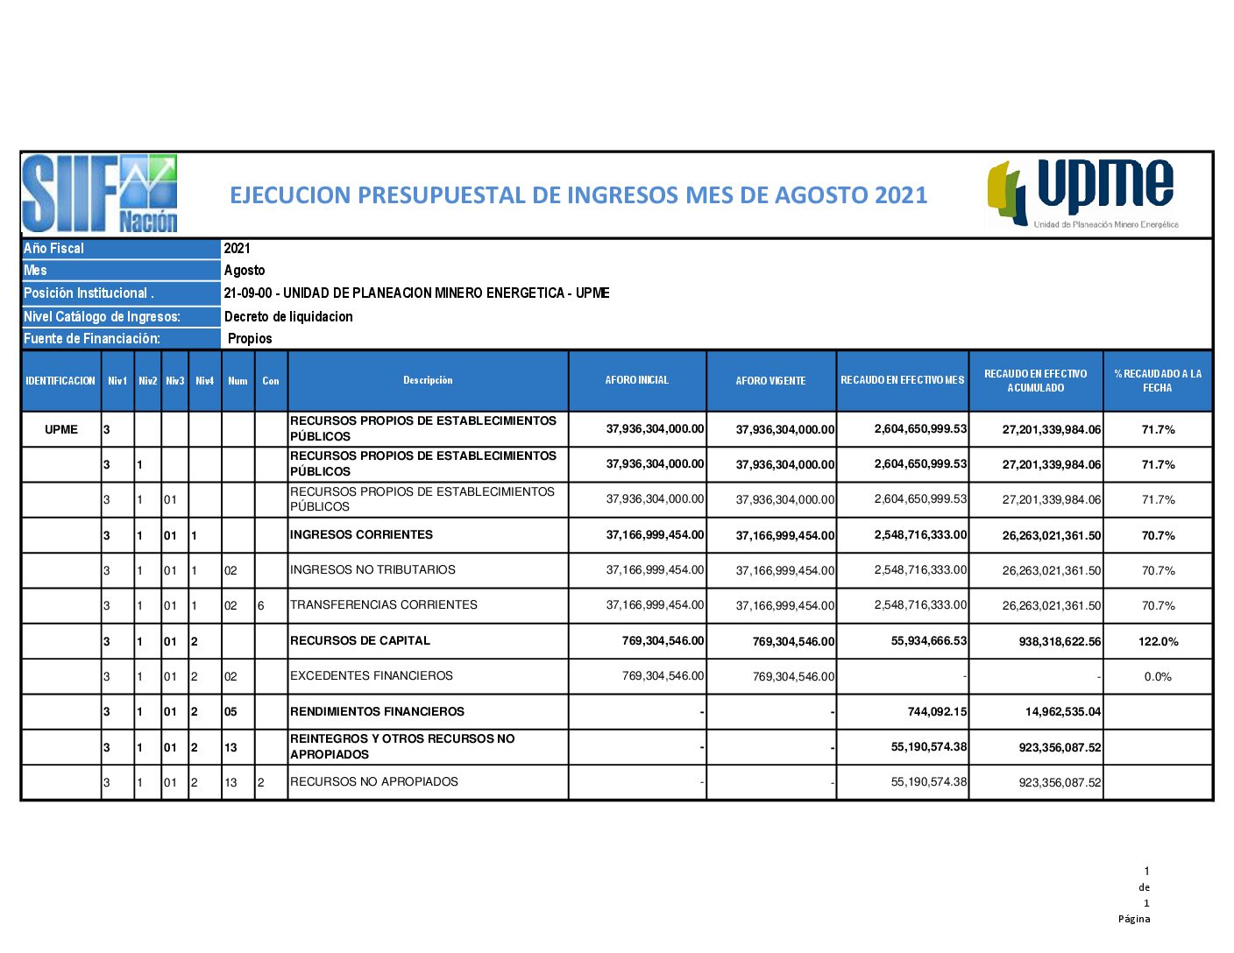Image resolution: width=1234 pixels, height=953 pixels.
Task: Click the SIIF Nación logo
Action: (x=100, y=194)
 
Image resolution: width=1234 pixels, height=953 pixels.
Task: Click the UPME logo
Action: (x=1083, y=194)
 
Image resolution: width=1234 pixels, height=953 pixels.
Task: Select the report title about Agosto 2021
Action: (x=578, y=194)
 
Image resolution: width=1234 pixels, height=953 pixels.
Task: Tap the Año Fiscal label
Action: (x=54, y=249)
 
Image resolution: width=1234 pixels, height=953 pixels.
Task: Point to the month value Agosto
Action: (x=245, y=271)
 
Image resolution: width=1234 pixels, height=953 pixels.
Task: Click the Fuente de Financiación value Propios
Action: (x=250, y=339)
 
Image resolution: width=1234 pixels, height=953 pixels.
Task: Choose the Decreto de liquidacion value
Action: (x=288, y=317)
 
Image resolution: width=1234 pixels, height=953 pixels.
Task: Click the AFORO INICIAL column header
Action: (x=637, y=380)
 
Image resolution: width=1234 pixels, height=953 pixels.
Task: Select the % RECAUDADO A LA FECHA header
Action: (x=1158, y=381)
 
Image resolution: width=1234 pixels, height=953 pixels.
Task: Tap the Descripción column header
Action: (x=428, y=380)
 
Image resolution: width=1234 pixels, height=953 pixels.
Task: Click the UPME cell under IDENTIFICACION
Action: (x=61, y=429)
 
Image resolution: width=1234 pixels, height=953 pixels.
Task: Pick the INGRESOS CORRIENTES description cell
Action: (x=361, y=534)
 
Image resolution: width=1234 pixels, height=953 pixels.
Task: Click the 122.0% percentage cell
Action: (x=1158, y=641)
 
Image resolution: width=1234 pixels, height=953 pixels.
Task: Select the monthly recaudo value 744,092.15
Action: (x=937, y=711)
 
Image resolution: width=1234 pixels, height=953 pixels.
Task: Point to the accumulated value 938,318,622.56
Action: (x=1060, y=641)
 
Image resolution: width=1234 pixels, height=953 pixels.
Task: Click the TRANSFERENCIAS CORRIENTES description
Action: (x=384, y=604)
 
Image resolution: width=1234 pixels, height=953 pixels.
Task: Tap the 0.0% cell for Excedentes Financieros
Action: (x=1158, y=676)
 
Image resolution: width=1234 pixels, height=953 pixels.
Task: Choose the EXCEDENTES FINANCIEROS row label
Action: (x=372, y=675)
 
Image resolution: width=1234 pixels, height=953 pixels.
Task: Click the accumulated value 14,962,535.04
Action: (x=1062, y=711)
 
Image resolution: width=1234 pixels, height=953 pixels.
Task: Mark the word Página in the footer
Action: (x=1134, y=919)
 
